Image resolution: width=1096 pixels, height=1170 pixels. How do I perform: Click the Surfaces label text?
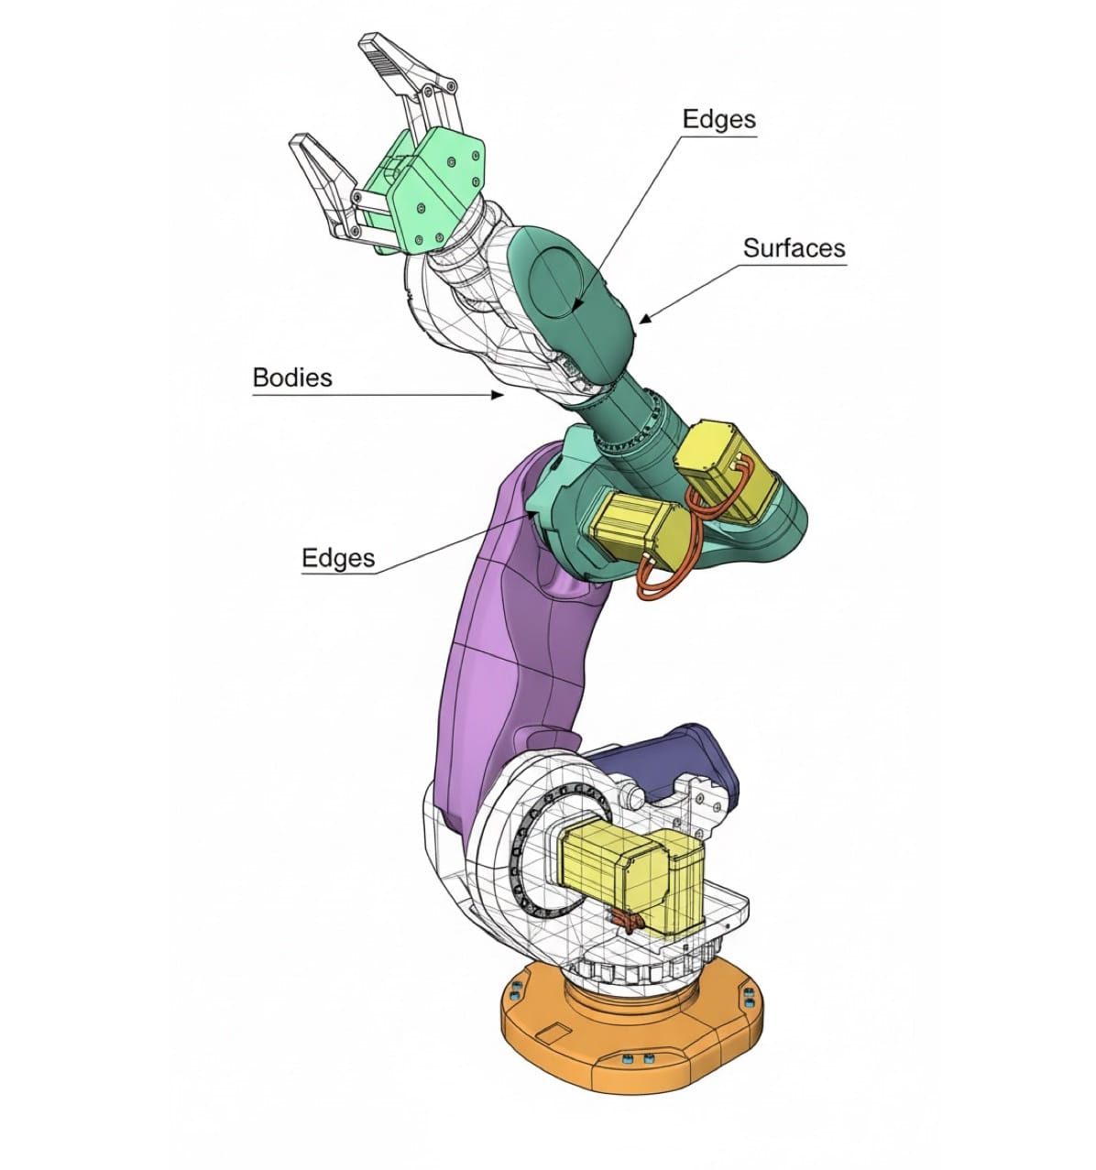[794, 247]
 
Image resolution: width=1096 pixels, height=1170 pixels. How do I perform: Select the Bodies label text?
[292, 377]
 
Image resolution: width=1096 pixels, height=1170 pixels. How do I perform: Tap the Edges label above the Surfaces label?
[719, 119]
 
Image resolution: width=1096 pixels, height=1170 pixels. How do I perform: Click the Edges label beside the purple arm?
[338, 558]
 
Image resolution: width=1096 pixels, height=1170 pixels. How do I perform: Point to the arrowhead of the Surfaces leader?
[641, 321]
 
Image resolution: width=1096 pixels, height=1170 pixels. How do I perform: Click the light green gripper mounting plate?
[431, 183]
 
